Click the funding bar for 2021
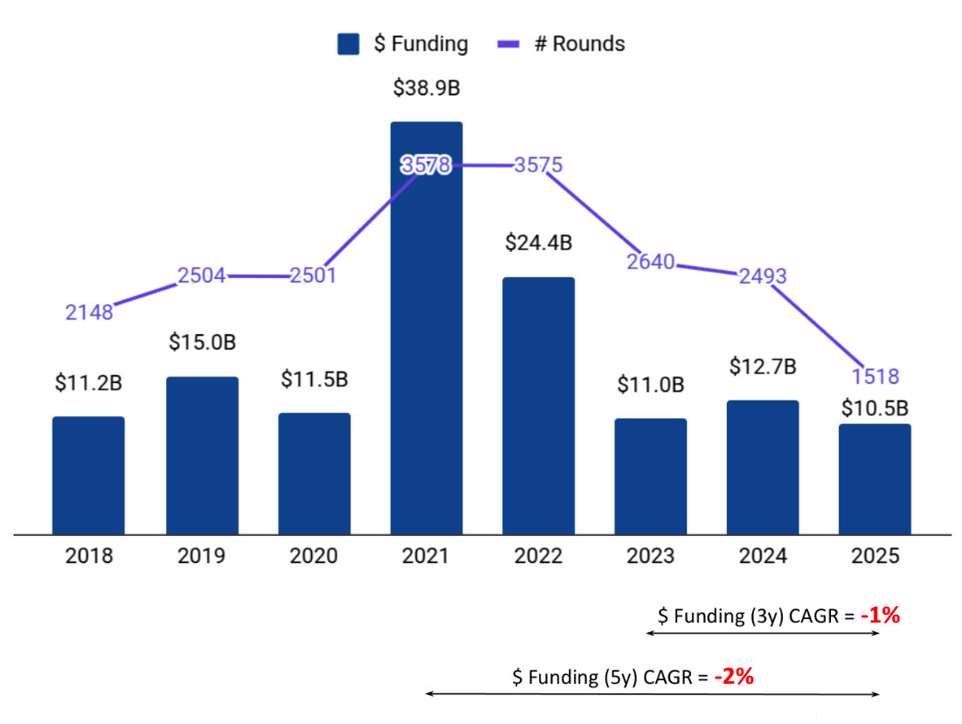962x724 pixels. (426, 350)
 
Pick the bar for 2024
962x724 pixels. (763, 467)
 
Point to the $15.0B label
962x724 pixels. (202, 342)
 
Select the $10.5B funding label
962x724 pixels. (875, 407)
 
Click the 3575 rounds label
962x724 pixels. (538, 165)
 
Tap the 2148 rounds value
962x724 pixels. (89, 312)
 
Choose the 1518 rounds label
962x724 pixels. (875, 377)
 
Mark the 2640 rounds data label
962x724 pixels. (651, 261)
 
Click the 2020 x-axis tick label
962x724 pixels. (314, 556)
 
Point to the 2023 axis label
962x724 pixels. (650, 556)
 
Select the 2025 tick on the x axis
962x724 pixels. (875, 556)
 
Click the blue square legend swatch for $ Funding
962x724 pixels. (349, 44)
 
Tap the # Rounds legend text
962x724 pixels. (579, 44)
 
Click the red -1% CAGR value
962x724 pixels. (880, 616)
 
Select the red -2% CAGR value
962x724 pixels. (733, 676)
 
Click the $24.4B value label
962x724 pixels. (538, 242)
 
